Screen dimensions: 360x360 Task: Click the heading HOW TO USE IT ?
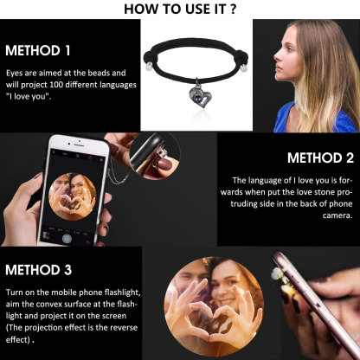180,9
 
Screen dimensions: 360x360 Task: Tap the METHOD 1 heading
38,50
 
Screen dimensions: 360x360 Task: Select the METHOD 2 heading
320,157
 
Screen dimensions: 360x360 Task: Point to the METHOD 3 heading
38,270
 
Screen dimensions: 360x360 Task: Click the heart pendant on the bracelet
200,98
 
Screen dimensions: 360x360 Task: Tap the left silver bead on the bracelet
149,67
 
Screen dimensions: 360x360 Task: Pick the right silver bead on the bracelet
244,68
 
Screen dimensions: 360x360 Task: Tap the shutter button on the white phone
67,238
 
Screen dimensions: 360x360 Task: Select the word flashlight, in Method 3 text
123,292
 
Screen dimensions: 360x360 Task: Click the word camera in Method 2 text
337,215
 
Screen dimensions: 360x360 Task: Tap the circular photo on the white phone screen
73,196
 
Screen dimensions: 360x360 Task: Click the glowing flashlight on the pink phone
277,273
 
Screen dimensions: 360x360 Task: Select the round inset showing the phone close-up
155,156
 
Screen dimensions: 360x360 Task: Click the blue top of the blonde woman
314,119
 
